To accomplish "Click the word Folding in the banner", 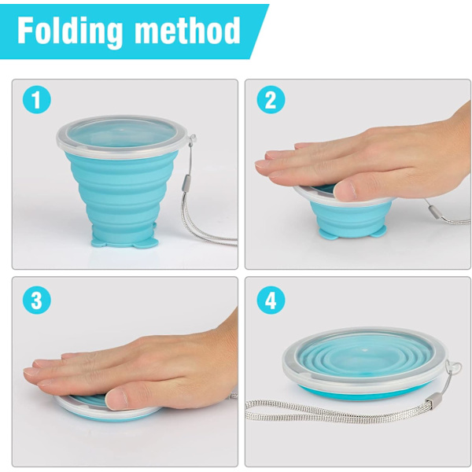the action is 70,31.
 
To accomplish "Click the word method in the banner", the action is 187,30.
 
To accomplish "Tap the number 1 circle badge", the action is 37,100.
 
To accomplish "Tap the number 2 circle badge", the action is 271,100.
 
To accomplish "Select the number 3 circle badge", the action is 37,301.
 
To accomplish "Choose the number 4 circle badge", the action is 271,301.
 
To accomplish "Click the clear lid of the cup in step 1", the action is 122,135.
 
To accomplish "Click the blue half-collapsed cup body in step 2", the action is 350,218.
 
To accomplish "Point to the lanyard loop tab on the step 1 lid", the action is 192,138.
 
